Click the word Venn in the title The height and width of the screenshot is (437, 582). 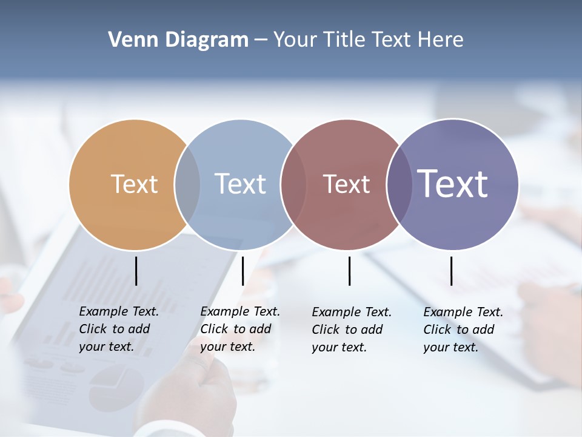(131, 40)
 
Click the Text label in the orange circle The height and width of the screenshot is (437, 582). (134, 184)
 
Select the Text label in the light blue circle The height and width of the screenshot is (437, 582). (240, 184)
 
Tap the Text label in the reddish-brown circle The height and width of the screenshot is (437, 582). (346, 184)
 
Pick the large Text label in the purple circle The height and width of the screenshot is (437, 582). (453, 183)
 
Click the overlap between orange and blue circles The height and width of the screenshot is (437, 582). (187, 185)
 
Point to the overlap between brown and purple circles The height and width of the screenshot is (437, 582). (400, 185)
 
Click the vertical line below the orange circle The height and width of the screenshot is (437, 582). (136, 271)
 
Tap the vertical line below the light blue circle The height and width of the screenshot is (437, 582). (242, 271)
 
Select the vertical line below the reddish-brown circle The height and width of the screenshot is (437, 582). (349, 271)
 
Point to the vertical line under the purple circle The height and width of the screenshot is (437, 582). (451, 271)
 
